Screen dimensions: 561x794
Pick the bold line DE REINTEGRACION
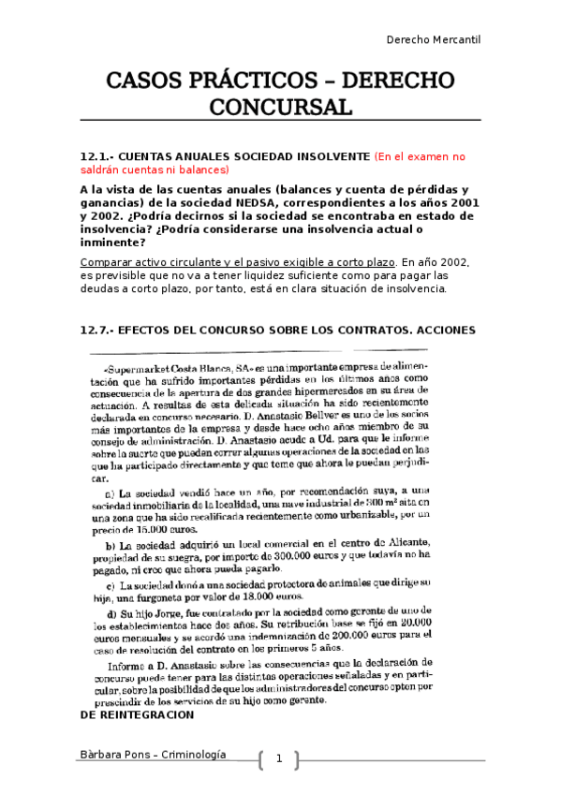coord(138,714)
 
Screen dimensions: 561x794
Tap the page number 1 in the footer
coord(278,758)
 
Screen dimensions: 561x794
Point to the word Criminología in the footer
coord(197,755)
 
